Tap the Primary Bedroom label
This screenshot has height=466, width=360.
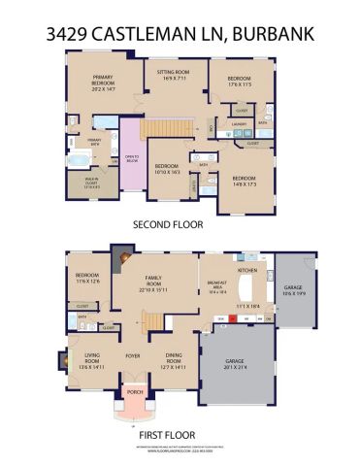click(104, 81)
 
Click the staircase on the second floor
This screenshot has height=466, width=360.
click(166, 126)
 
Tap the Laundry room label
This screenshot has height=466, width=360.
click(236, 123)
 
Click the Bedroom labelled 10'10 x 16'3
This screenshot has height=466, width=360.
click(168, 169)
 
